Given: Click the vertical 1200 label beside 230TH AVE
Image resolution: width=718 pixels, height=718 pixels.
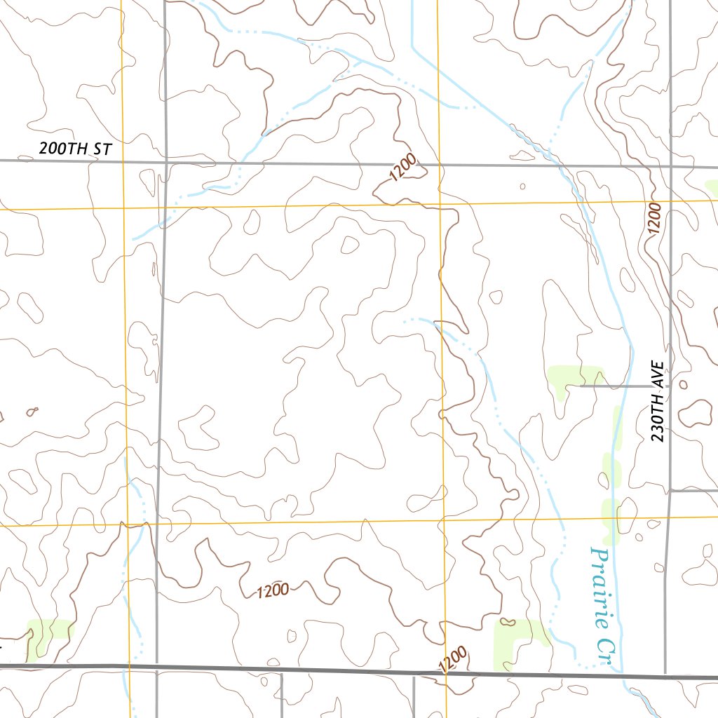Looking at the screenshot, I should tap(655, 219).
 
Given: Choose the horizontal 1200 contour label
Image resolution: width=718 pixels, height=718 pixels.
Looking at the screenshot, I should tap(273, 591).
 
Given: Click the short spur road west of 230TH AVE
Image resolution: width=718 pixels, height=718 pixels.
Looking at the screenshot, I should tap(624, 386).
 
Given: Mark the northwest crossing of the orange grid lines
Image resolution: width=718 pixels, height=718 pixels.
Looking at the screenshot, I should tap(123, 208).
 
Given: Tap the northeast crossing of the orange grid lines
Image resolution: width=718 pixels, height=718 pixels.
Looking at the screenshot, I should tap(440, 204).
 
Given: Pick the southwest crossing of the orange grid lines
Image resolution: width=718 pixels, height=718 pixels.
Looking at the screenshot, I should tap(128, 524).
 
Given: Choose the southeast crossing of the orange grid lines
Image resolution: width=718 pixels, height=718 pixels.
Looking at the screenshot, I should tap(444, 520).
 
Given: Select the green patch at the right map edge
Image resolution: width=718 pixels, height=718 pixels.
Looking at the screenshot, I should tap(711, 188).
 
